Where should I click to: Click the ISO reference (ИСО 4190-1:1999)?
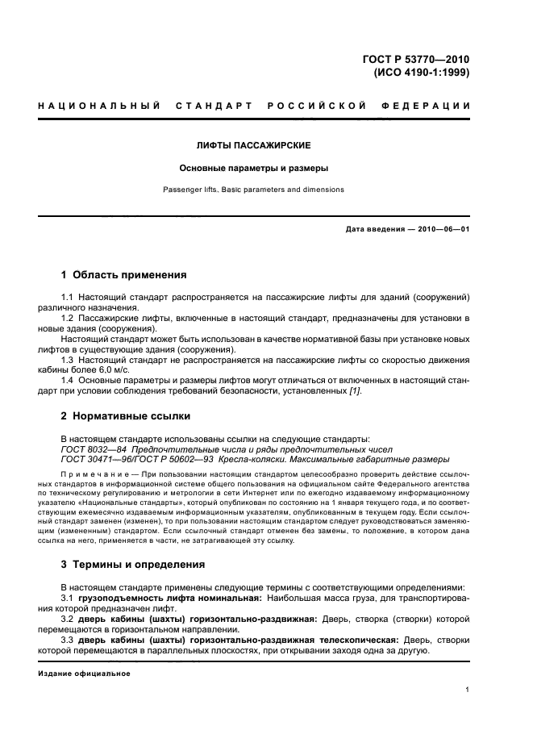422,71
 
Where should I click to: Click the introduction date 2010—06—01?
441,230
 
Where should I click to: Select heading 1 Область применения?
123,274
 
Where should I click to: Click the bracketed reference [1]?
355,391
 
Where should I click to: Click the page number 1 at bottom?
467,690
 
